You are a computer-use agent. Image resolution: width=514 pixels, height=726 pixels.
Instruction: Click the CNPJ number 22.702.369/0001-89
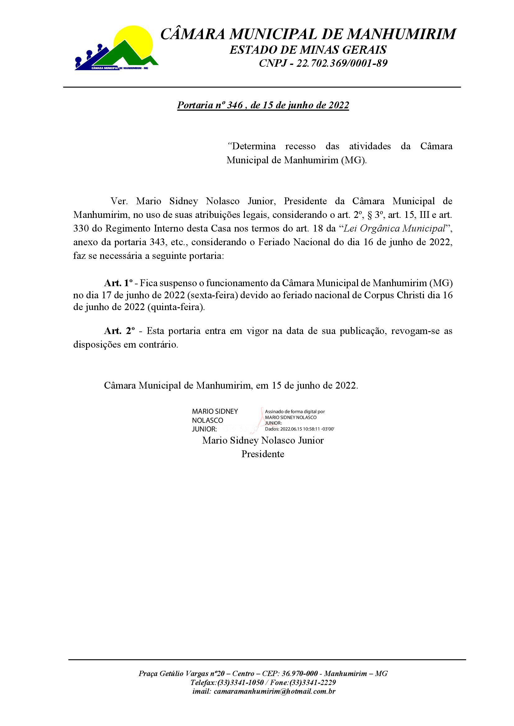(x=342, y=64)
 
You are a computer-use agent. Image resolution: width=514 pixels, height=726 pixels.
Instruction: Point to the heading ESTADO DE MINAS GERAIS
(x=308, y=50)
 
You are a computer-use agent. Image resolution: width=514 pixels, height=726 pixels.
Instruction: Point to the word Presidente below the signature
(x=263, y=454)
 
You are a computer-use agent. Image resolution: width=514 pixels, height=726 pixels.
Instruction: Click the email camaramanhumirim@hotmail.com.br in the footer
(x=274, y=691)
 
